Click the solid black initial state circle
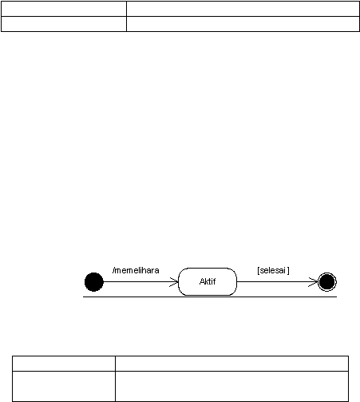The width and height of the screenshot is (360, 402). click(x=94, y=282)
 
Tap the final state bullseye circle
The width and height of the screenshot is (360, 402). click(x=327, y=282)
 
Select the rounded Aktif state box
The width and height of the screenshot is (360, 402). click(x=208, y=281)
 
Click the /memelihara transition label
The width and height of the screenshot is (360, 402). click(x=136, y=270)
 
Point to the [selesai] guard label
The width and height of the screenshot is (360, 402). click(x=273, y=270)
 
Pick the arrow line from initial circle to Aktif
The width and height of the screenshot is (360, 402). click(x=140, y=281)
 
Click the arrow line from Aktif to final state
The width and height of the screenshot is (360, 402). click(x=277, y=281)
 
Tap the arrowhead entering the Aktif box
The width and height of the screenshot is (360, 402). click(x=174, y=282)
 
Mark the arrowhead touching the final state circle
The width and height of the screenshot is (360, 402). click(x=313, y=282)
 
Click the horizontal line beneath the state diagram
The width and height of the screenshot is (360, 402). click(x=210, y=297)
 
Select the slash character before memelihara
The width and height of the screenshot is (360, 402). click(x=113, y=270)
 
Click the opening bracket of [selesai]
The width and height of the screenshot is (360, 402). click(x=258, y=270)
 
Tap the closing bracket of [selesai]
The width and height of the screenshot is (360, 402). click(x=288, y=270)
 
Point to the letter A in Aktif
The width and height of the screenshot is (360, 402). click(x=202, y=281)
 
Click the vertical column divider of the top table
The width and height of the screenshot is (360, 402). click(x=126, y=16)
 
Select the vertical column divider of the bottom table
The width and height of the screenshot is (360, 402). click(x=115, y=379)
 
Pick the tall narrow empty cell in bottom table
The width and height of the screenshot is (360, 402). click(x=64, y=386)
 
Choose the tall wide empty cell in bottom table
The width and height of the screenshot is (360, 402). click(x=232, y=386)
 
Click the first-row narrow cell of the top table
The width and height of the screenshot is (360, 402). click(x=64, y=9)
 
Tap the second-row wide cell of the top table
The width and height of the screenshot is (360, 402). click(x=243, y=24)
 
